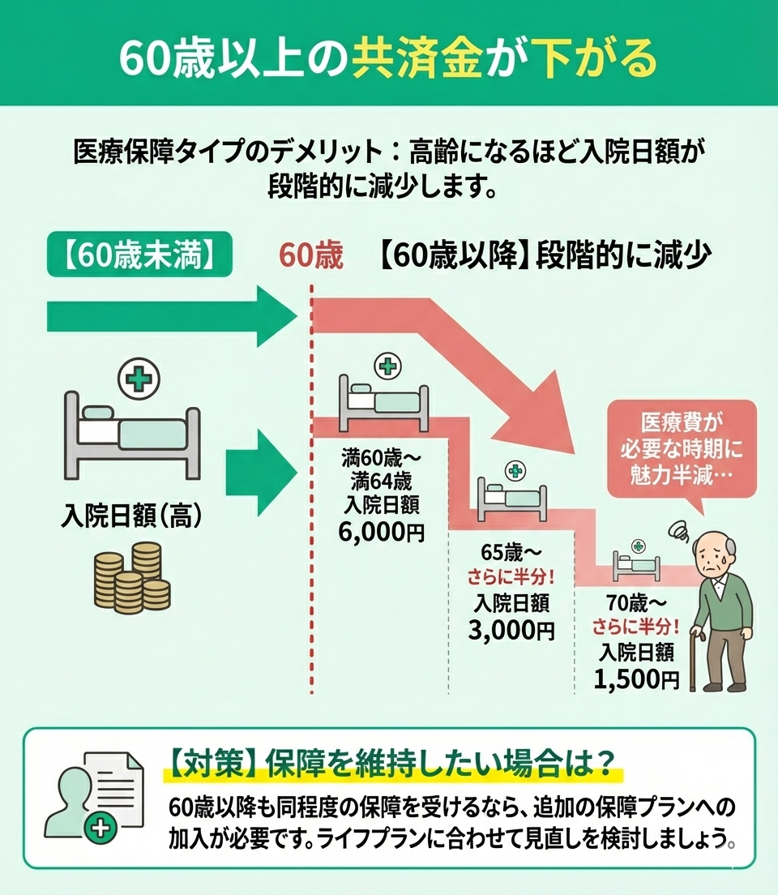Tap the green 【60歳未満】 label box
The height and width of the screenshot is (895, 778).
(140, 255)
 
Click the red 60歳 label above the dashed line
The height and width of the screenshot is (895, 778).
(311, 255)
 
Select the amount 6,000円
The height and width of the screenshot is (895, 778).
(381, 532)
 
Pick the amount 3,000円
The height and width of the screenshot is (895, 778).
(511, 630)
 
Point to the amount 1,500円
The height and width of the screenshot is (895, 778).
(636, 679)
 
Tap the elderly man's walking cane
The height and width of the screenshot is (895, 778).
(695, 659)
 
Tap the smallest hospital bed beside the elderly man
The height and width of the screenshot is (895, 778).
(636, 566)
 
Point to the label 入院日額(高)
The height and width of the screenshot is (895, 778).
(132, 516)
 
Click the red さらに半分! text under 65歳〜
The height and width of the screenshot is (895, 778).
(511, 578)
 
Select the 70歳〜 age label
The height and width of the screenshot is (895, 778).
(636, 602)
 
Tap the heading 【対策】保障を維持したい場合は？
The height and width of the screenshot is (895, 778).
(393, 762)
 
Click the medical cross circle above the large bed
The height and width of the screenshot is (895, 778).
(139, 379)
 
